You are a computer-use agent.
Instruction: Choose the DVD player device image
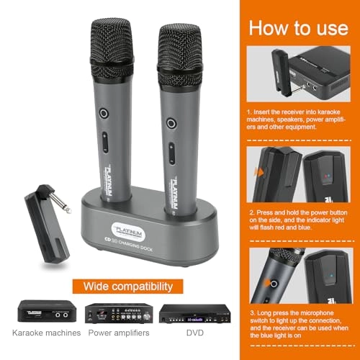coord(189,312)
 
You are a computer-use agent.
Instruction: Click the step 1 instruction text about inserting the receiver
coord(297,122)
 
